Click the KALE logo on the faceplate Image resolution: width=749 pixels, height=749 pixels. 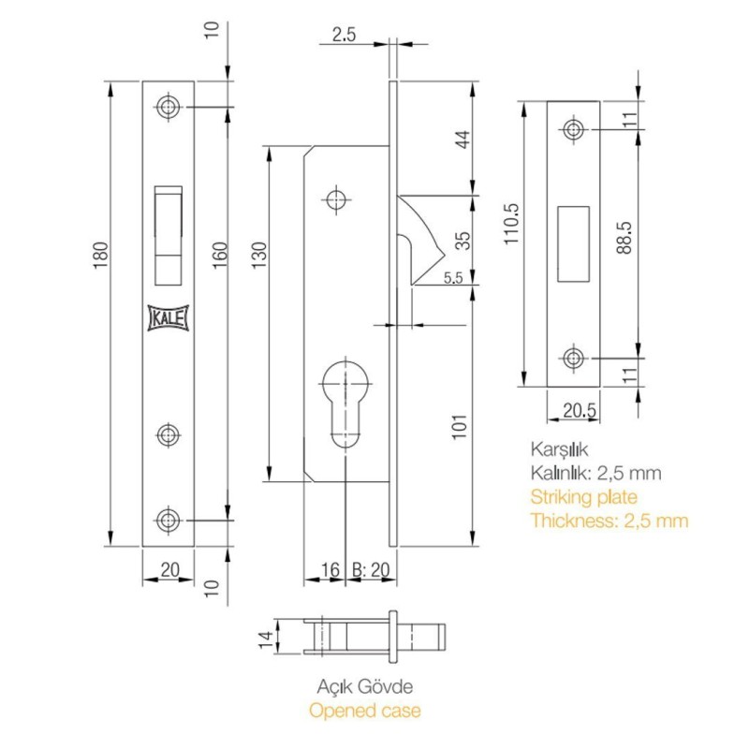169,318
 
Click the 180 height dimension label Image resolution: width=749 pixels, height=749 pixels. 101,256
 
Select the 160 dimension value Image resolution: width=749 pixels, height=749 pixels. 220,256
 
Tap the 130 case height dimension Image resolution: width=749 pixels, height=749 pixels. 259,256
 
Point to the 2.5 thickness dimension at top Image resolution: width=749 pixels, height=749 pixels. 344,35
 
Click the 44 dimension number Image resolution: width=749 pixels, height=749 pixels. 463,140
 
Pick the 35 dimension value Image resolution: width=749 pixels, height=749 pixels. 463,241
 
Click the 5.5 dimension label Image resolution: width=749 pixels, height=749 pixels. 453,277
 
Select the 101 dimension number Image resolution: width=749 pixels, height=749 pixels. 460,427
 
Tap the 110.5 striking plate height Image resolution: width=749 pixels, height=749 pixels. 511,224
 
